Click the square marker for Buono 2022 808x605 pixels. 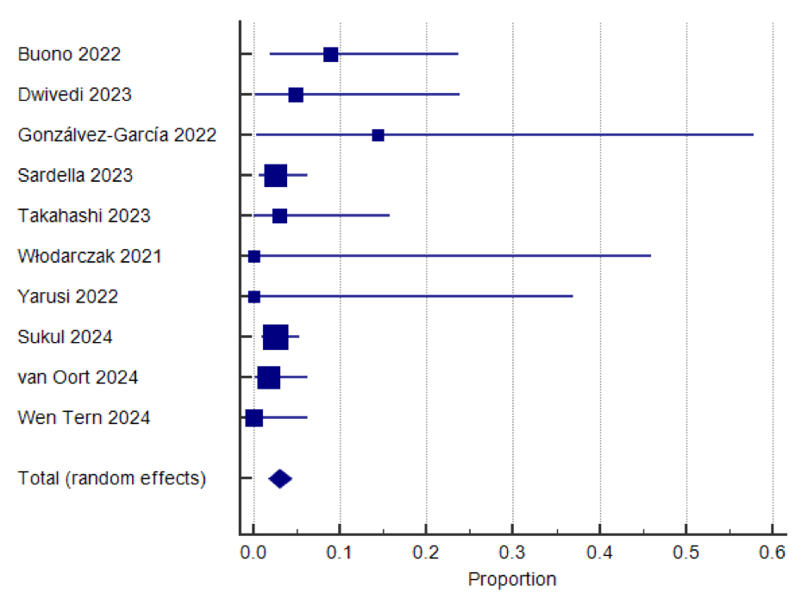(330, 54)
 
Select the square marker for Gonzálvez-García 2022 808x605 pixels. (378, 135)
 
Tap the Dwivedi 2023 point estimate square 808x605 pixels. (296, 95)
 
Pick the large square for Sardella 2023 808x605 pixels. (275, 176)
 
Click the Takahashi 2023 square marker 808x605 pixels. (279, 215)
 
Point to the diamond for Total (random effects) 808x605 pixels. (280, 479)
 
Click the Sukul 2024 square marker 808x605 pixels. (275, 337)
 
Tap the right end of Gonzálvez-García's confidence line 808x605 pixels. (753, 135)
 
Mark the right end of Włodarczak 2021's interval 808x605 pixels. (650, 256)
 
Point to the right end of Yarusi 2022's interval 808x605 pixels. (573, 296)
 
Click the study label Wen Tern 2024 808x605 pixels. (84, 418)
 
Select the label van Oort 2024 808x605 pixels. (78, 377)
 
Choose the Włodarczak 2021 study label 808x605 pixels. (90, 256)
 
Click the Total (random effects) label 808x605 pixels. (112, 479)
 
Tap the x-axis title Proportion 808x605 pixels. (512, 579)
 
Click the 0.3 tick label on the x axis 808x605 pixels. (512, 552)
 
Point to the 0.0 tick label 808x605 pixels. (253, 552)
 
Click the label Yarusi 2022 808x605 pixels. (68, 296)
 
